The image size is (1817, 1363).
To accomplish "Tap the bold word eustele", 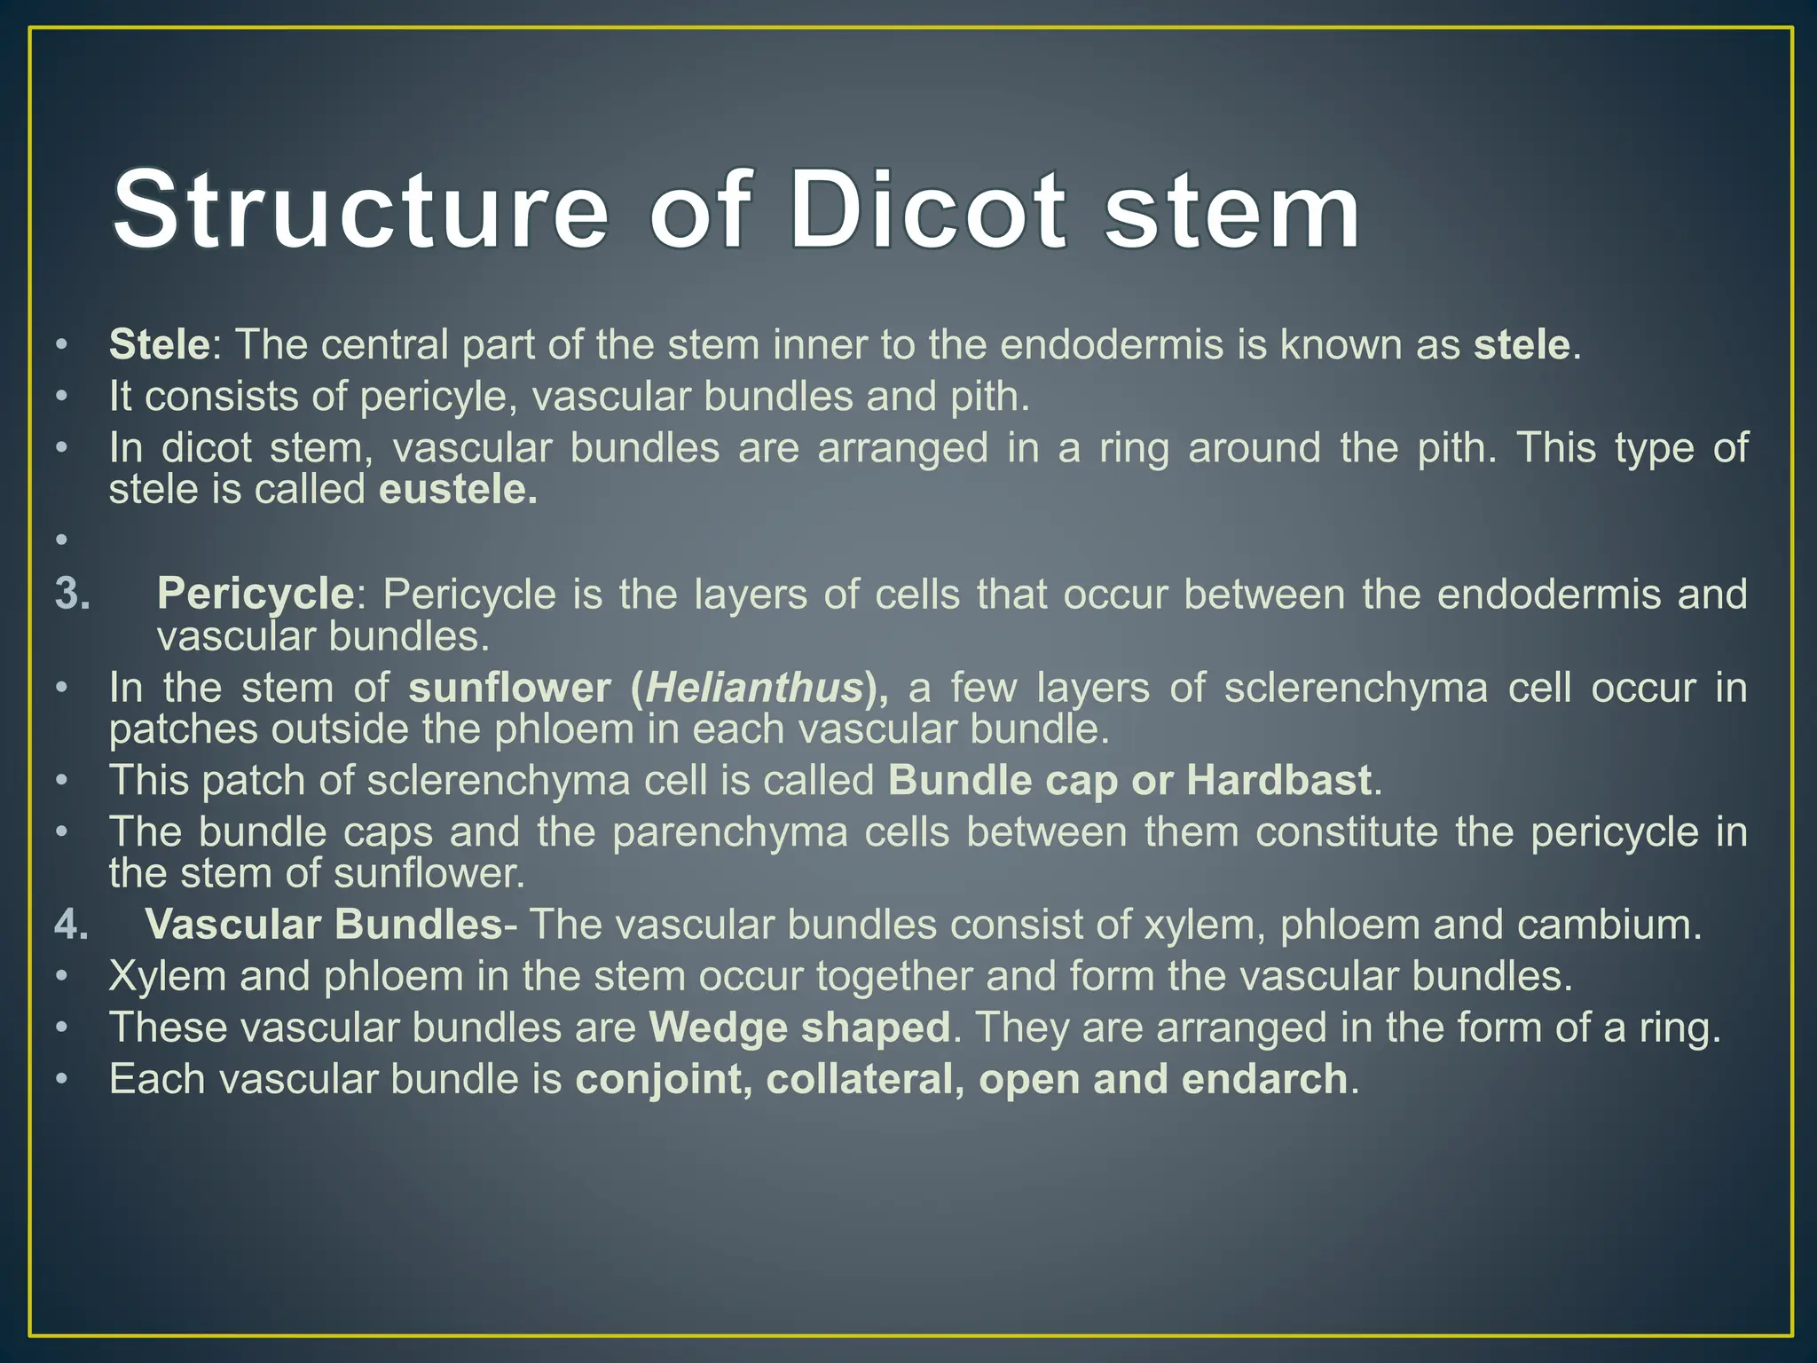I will tap(458, 490).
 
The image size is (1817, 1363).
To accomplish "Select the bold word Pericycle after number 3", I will tap(256, 594).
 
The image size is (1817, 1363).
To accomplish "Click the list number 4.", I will tap(72, 925).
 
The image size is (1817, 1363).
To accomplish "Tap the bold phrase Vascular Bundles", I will tap(324, 925).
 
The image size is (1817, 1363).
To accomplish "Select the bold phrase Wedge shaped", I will tap(799, 1028).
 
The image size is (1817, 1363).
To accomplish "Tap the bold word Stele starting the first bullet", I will tap(159, 344).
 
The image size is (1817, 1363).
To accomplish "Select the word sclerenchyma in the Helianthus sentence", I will tap(1356, 688).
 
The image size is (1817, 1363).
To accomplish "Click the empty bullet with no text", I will tap(60, 540).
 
